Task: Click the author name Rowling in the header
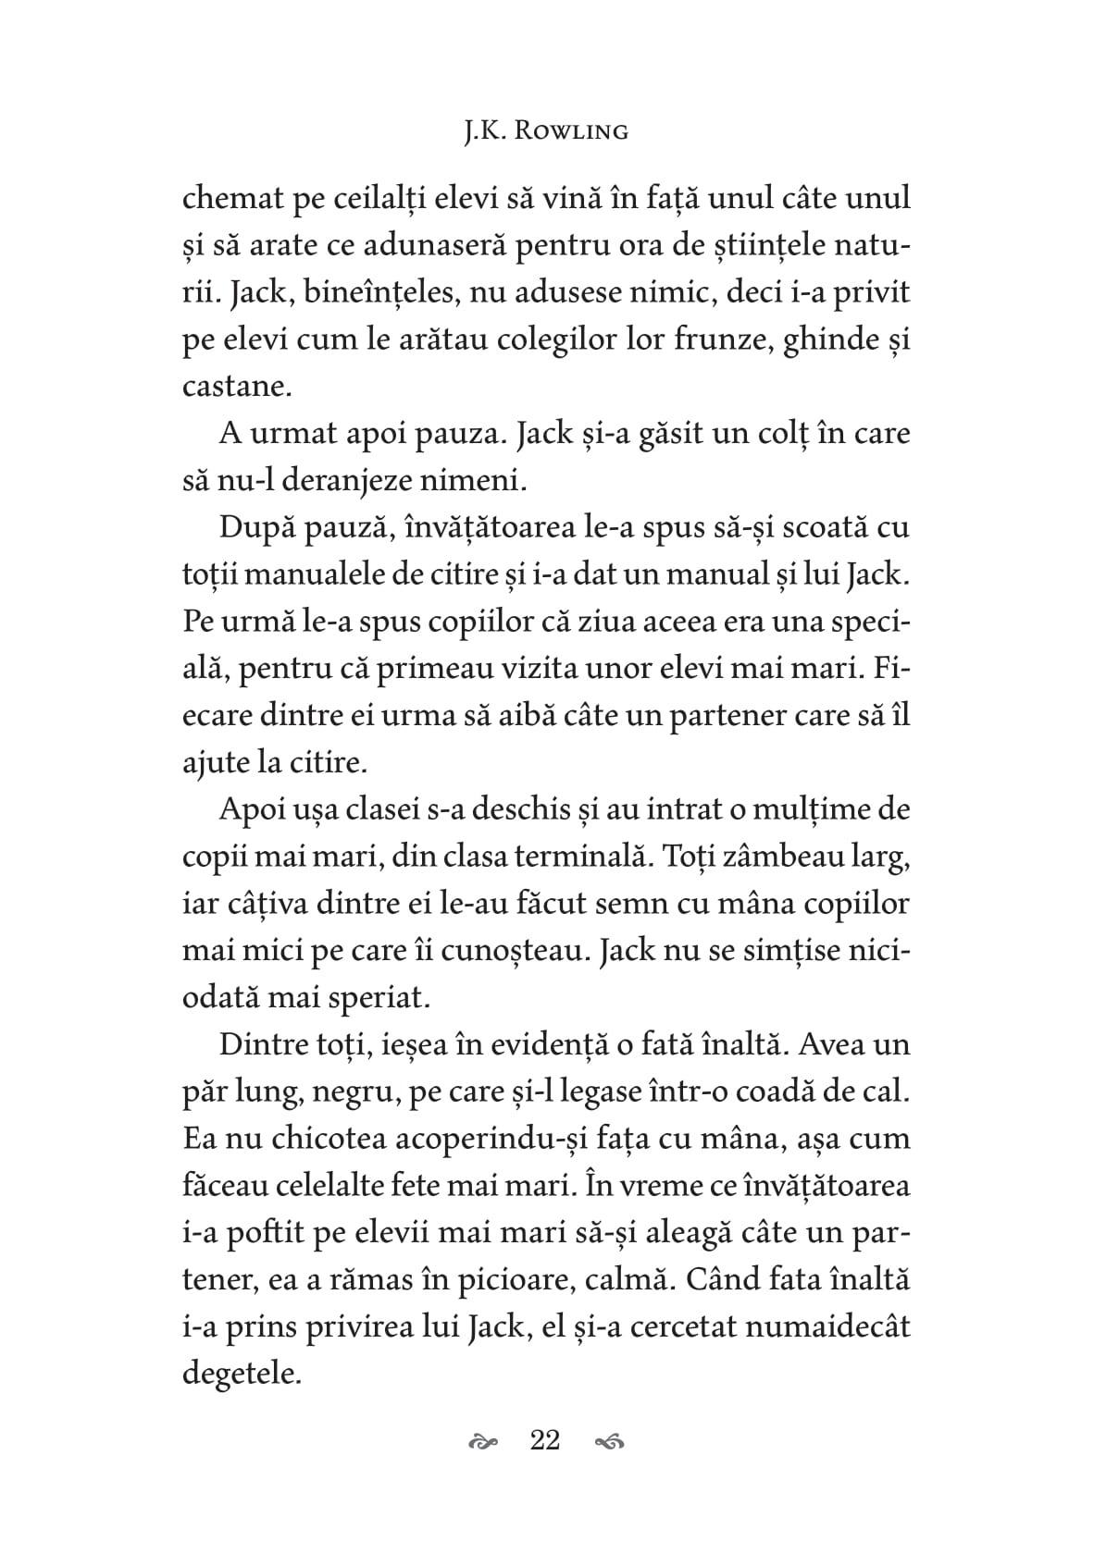click(x=571, y=131)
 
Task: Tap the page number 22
click(x=545, y=1440)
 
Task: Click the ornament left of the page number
click(x=483, y=1441)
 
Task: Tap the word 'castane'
click(x=236, y=387)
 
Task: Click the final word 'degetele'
click(x=242, y=1374)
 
